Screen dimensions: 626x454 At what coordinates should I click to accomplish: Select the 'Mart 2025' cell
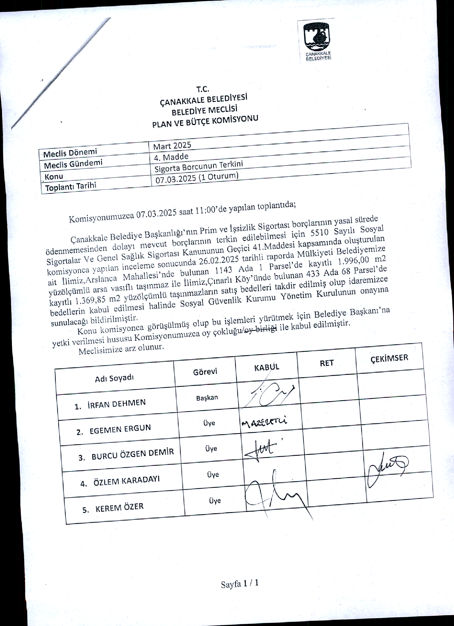(x=172, y=146)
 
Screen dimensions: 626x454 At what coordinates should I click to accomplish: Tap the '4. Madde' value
(x=171, y=157)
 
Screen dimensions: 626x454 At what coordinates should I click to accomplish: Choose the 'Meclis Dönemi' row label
(x=70, y=153)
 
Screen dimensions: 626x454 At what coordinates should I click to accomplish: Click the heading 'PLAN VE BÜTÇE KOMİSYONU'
(x=205, y=121)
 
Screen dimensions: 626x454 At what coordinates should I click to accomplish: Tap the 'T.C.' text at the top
(x=203, y=89)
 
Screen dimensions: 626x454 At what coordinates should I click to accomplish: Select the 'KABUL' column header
(x=266, y=367)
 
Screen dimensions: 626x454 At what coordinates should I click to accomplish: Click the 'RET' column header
(x=327, y=363)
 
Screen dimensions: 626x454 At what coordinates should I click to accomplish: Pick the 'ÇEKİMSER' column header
(x=389, y=358)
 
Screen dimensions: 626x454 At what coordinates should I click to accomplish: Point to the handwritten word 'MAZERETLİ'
(x=264, y=422)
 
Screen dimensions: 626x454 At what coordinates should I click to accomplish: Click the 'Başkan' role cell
(x=207, y=398)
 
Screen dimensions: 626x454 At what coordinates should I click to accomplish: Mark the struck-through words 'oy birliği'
(x=261, y=329)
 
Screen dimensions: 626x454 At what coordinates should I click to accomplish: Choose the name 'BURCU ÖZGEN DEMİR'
(x=133, y=454)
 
